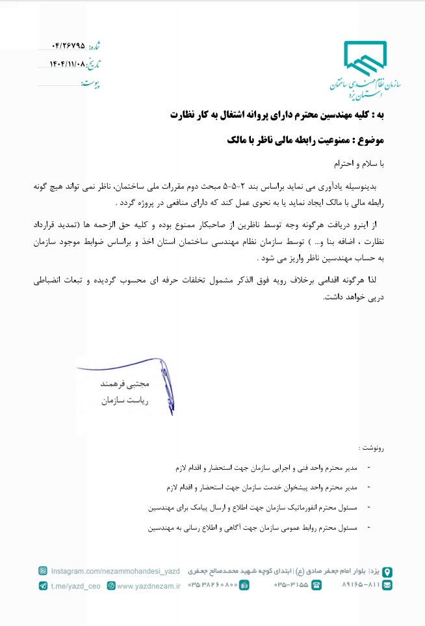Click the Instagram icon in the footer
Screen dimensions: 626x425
point(42,571)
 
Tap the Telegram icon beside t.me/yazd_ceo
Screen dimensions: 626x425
point(42,586)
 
